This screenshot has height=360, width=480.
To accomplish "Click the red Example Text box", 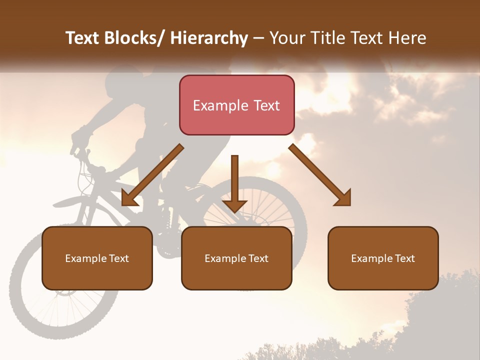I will point(236,105).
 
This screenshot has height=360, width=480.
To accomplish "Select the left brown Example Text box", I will point(97,258).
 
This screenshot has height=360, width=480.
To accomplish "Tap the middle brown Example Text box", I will point(236,258).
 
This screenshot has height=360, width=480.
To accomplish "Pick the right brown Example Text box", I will point(383,258).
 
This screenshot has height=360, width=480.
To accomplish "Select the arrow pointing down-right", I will point(320,175).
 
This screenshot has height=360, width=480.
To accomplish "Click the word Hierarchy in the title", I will point(208,38).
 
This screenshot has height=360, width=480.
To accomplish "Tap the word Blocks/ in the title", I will point(133,38).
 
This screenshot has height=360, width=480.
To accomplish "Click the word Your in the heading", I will point(285,38).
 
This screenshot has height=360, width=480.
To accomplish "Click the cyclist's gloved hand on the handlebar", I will point(80,137).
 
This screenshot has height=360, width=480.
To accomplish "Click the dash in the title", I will point(258,38).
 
